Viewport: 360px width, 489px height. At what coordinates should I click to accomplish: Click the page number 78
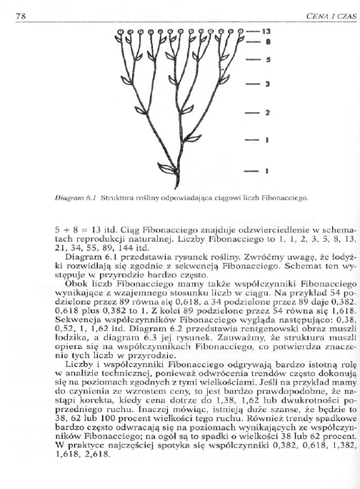pyautogui.click(x=21, y=8)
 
